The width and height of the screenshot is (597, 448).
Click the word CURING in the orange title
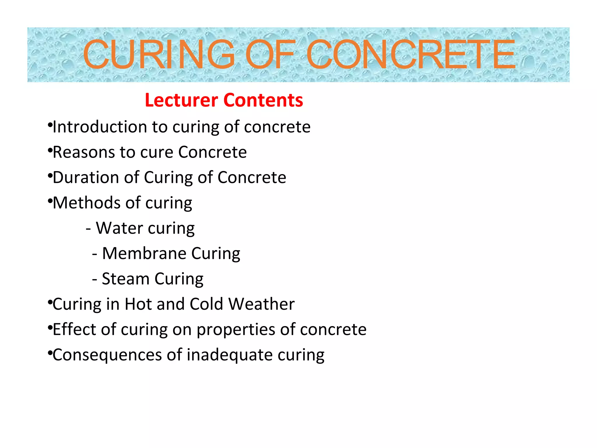coord(159,55)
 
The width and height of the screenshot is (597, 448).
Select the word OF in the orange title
coord(270,55)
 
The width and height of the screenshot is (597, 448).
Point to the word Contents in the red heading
coord(263,100)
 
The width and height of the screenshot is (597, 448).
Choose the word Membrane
coord(144,253)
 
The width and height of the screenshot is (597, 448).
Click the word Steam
coord(126,279)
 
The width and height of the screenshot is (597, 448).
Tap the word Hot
coord(138,304)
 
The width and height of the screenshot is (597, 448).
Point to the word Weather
coord(261,304)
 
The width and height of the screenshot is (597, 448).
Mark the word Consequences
coord(107,355)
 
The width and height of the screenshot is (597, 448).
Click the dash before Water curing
coord(88,229)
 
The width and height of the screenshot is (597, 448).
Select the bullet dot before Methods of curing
coord(50,201)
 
